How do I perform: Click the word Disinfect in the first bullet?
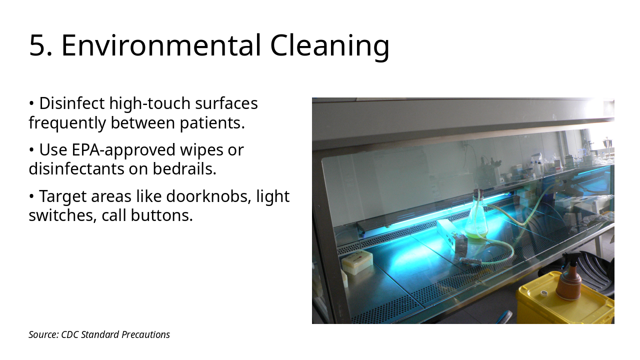(x=72, y=103)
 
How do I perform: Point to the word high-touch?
(x=150, y=103)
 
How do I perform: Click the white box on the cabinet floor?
(x=357, y=262)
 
